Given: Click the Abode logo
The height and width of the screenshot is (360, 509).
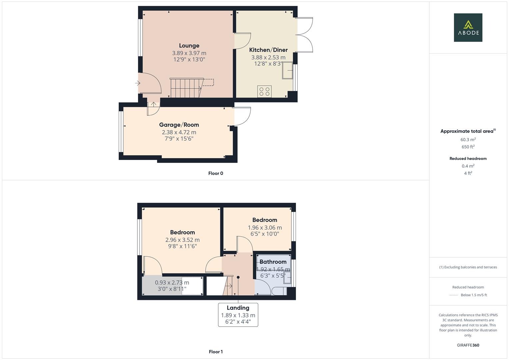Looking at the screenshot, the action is pos(468,27).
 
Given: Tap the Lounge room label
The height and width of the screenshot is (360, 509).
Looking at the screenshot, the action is pos(189,46).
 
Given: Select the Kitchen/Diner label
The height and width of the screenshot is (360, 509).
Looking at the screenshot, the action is pos(268,50).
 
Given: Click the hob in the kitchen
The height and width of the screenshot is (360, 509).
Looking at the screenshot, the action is pos(264,91).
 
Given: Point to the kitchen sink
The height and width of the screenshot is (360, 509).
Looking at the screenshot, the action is pos(287,70).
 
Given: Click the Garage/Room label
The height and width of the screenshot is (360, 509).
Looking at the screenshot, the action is pos(179,125).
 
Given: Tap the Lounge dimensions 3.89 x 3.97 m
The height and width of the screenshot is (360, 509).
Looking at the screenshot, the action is pos(189,53).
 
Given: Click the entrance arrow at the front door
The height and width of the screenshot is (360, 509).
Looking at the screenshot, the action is pos(138,83).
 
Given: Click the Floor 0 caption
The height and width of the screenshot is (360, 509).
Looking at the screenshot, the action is pos(216,173).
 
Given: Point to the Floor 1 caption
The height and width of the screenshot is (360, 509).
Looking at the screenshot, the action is pos(216,352).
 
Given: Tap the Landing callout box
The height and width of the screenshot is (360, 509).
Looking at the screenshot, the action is pos(238,315).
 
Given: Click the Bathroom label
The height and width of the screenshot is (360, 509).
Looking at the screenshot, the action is pos(273,262).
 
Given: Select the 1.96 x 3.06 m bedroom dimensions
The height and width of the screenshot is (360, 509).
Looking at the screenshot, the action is pos(265,227).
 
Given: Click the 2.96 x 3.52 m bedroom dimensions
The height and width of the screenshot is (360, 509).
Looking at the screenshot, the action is pos(182,240).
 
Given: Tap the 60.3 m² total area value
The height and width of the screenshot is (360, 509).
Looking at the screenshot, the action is pos(468,140).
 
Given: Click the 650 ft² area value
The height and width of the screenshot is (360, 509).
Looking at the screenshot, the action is pos(468,147).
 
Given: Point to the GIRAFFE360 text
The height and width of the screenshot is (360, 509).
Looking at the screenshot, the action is pos(468,345).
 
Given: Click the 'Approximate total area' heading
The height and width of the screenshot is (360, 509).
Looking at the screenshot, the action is pos(468,131).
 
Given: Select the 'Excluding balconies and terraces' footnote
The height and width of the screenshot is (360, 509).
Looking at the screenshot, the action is pos(468,267).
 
